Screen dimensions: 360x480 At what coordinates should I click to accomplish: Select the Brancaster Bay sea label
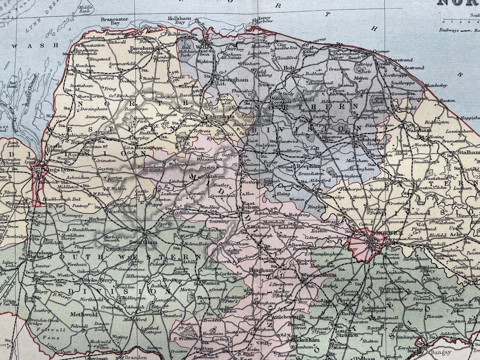point(111,21)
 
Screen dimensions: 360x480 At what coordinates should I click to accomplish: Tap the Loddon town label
point(454,299)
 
